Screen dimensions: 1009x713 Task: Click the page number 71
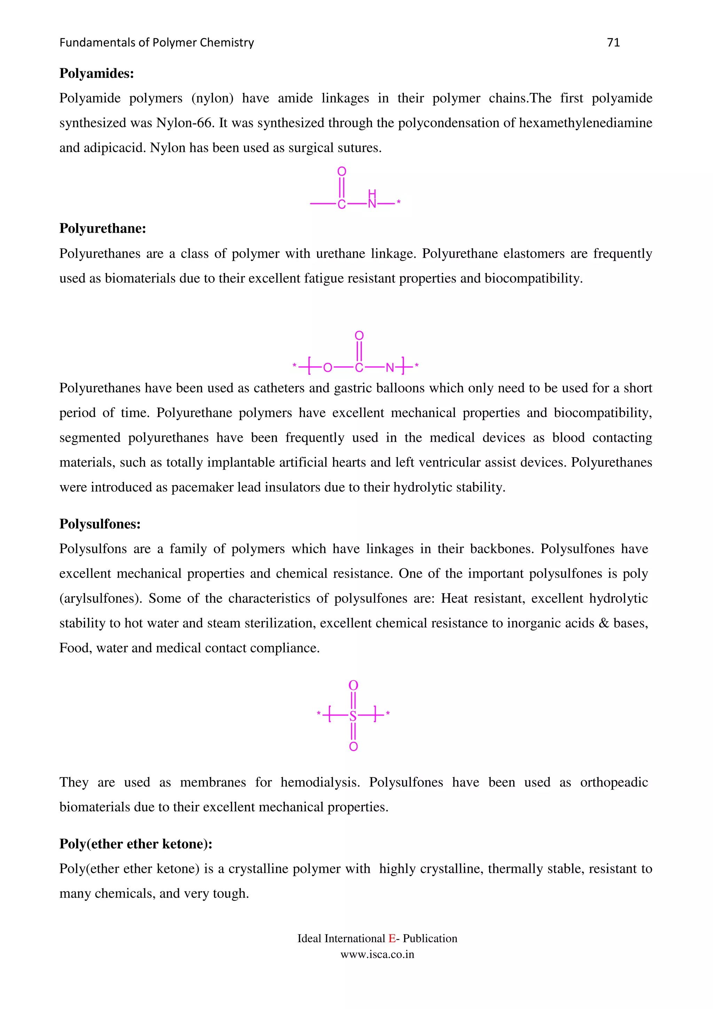coord(613,42)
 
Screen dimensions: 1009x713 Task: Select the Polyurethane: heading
coord(102,228)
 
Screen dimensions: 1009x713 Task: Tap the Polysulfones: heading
coord(100,524)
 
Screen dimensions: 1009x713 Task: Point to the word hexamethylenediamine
coord(585,123)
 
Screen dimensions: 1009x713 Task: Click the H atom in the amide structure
coord(372,193)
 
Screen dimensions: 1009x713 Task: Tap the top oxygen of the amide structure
coord(342,171)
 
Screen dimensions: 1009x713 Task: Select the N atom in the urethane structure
coord(390,368)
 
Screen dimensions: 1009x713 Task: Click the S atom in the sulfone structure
coord(353,717)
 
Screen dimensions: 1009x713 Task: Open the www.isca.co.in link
coord(377,954)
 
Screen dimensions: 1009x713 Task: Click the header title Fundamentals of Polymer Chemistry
coord(156,42)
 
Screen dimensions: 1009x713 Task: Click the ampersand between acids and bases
coord(604,623)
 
